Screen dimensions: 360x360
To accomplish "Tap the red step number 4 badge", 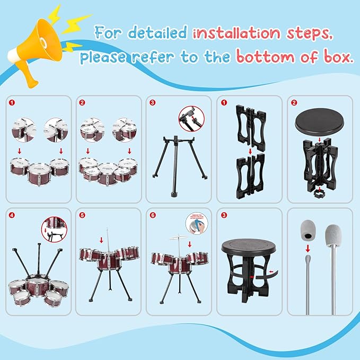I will tap(12, 215).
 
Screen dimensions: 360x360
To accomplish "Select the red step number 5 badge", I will tap(81, 215).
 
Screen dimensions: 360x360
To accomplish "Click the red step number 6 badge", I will tap(153, 215).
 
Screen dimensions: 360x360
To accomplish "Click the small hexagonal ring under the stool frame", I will tap(320, 190).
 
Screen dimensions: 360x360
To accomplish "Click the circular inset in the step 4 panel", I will tap(55, 229).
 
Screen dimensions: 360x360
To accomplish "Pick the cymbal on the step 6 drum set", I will tap(180, 239).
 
